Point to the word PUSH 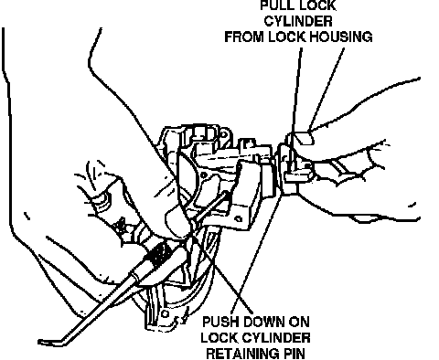tap(221, 322)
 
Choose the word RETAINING tap(241, 354)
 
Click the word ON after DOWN tap(299, 322)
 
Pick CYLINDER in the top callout tap(298, 21)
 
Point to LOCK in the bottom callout tap(220, 338)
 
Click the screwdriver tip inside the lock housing tap(226, 193)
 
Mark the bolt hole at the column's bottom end tap(165, 313)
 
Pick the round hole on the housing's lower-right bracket tap(239, 218)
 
